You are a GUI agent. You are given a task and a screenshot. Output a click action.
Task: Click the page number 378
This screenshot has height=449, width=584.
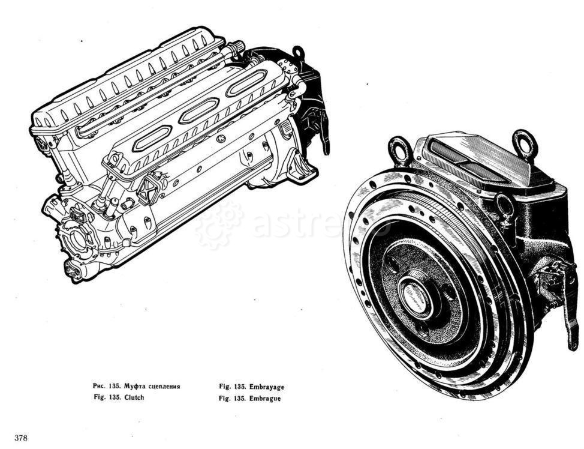[21, 438]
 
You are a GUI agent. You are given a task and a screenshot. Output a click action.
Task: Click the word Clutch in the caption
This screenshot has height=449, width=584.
[134, 397]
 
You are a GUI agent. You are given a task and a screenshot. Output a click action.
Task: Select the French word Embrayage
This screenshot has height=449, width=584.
[267, 387]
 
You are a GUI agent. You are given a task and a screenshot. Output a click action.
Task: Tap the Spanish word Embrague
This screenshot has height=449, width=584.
[265, 399]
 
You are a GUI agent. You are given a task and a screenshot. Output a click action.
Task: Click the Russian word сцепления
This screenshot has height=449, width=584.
[164, 386]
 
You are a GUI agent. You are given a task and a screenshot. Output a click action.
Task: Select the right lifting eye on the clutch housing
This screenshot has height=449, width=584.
[525, 143]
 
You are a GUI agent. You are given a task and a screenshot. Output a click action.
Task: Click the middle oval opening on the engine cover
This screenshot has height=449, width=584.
[199, 110]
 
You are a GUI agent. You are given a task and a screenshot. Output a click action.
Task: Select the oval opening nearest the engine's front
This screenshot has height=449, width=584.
[152, 138]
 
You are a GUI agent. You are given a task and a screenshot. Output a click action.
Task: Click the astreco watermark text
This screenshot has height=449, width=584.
[320, 224]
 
